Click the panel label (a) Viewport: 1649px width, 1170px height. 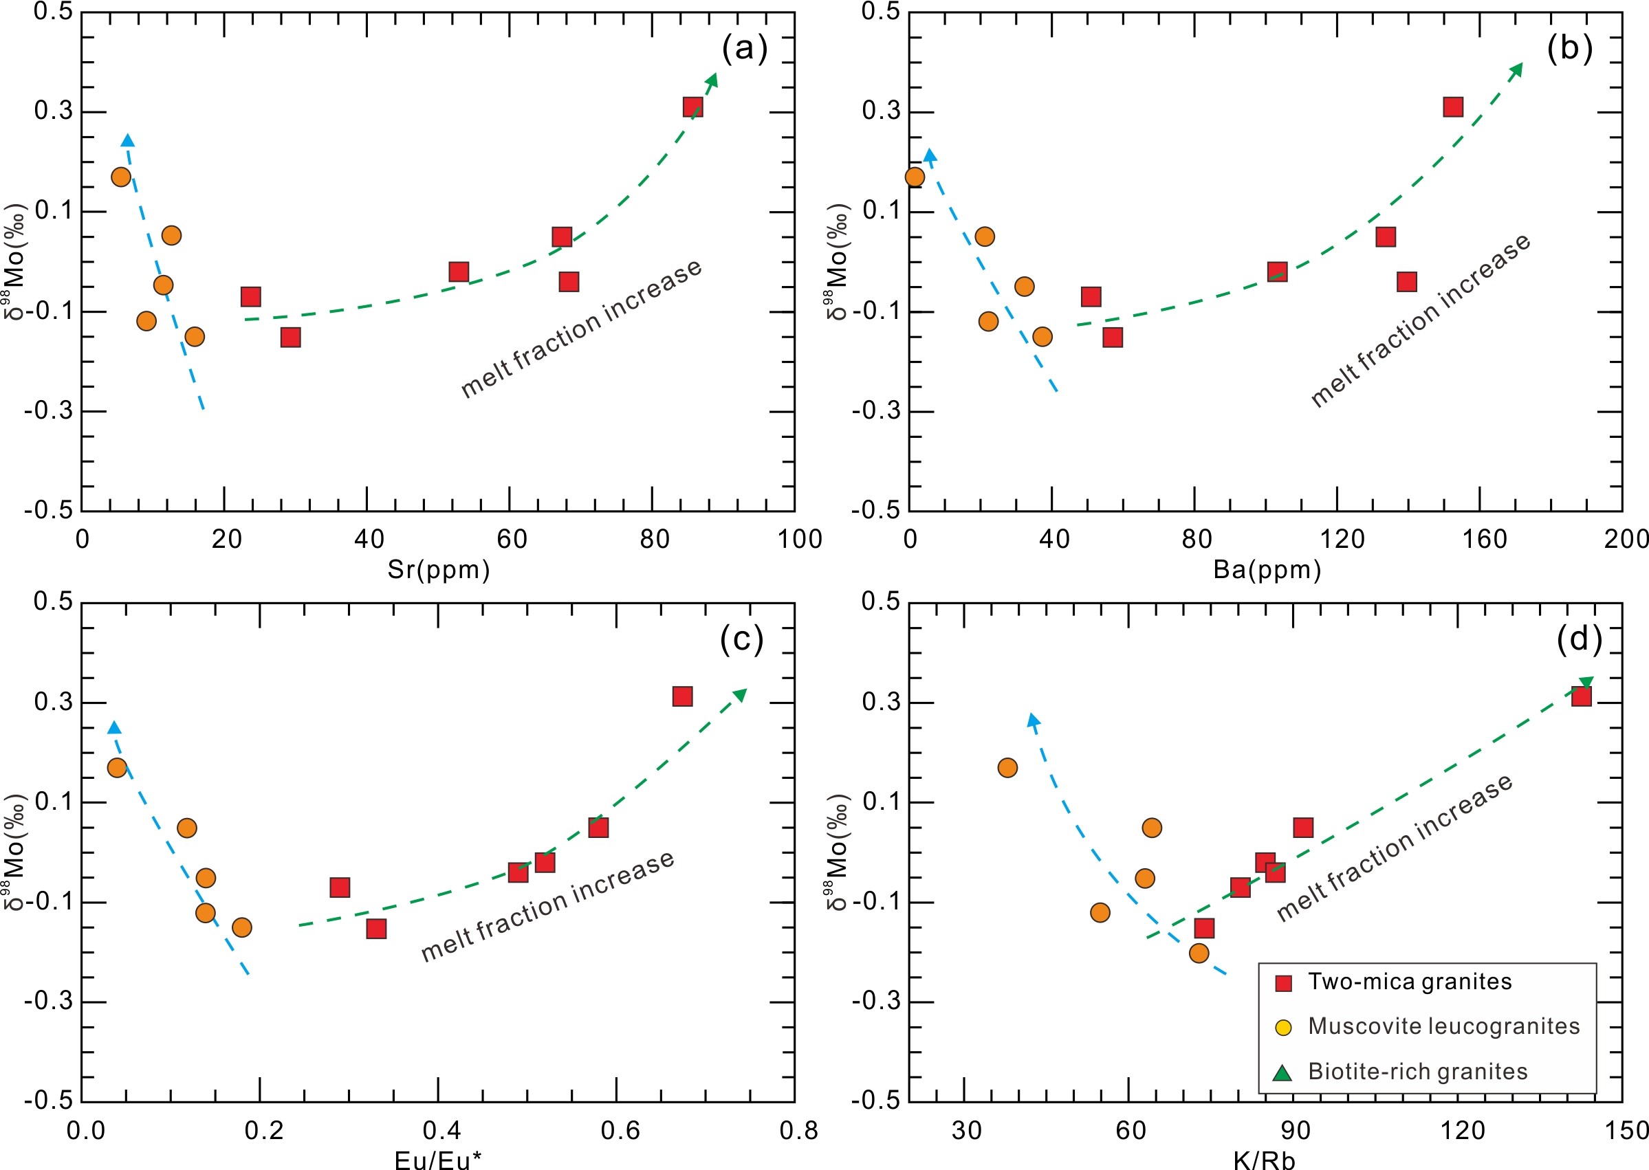[745, 49]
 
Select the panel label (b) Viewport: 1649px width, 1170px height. [1569, 49]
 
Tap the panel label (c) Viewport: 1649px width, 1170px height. [741, 639]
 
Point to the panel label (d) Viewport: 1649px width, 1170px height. [1578, 639]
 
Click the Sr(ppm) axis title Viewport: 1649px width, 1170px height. [438, 570]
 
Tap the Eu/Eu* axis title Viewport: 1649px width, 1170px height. [438, 1158]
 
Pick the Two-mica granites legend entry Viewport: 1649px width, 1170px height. [1409, 982]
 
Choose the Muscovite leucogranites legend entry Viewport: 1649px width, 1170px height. [1443, 1026]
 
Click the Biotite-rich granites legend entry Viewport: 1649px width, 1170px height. [1417, 1071]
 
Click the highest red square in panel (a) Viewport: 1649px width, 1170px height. [692, 107]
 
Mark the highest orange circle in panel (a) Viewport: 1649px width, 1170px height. [121, 177]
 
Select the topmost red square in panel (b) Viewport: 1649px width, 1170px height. [1452, 107]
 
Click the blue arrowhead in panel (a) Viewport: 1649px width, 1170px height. [128, 140]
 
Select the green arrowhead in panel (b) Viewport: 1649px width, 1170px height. [1516, 69]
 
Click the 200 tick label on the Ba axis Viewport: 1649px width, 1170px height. [1626, 540]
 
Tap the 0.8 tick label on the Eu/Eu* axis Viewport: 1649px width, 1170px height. [798, 1130]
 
